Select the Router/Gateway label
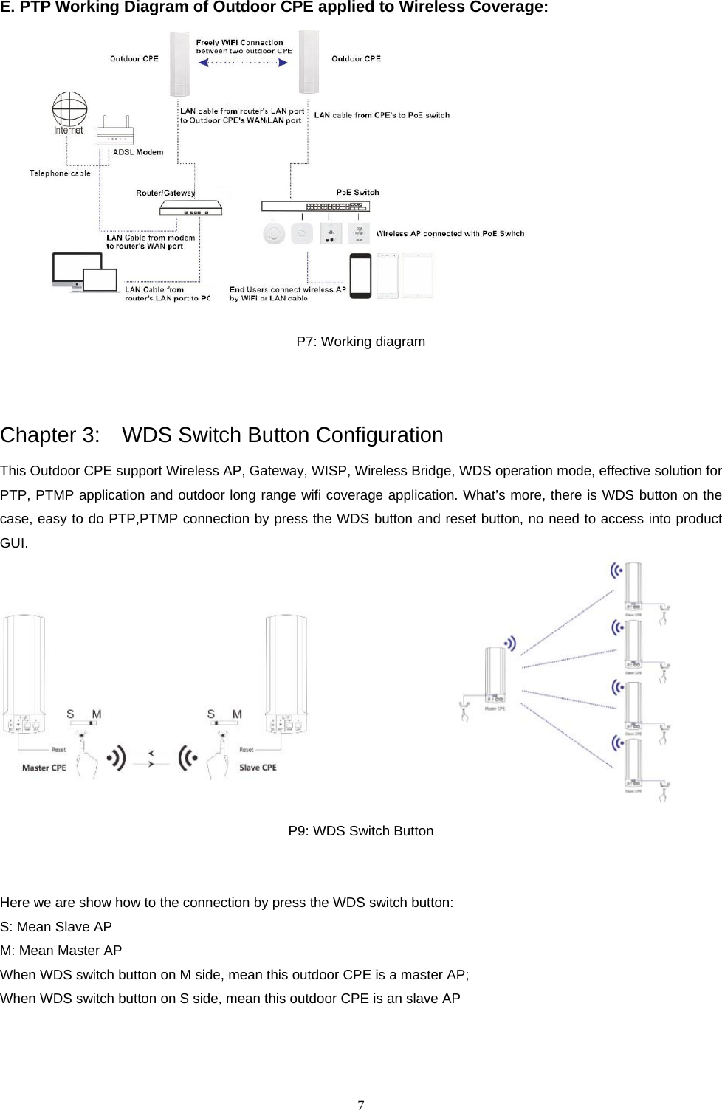[165, 193]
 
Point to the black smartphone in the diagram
[360, 276]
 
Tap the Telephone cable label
[60, 173]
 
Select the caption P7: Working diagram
[360, 342]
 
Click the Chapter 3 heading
[221, 435]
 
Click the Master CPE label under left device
[44, 768]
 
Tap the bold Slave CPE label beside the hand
[258, 768]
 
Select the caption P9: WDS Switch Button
[360, 831]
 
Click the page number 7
[360, 1105]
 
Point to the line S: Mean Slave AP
[56, 927]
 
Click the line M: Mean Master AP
[61, 951]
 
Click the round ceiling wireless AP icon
[274, 234]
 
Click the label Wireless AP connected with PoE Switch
[450, 234]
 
